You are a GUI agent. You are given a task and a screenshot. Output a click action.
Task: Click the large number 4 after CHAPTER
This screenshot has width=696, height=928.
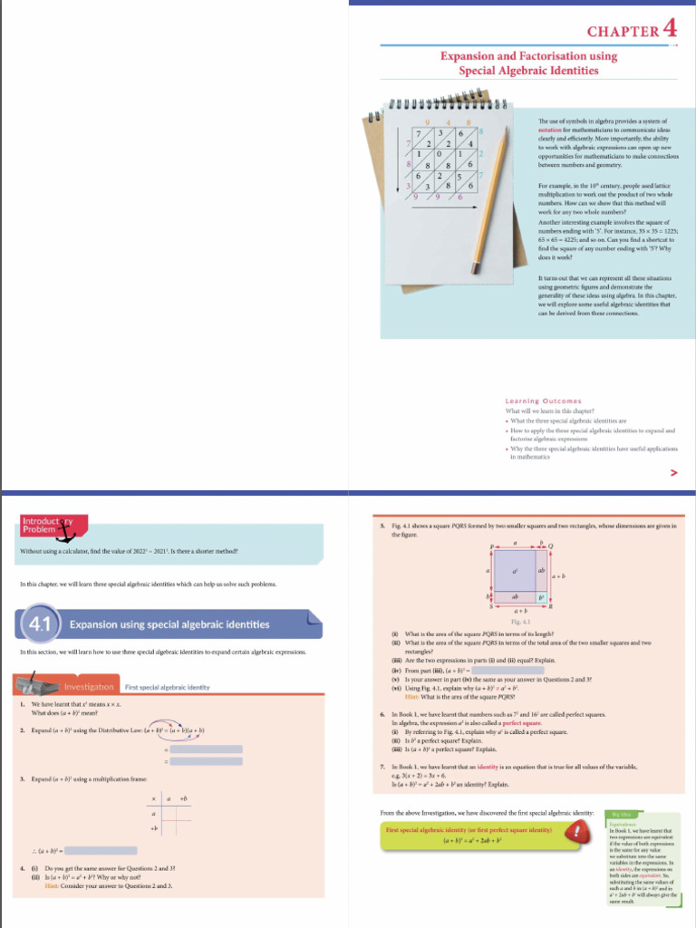tap(670, 28)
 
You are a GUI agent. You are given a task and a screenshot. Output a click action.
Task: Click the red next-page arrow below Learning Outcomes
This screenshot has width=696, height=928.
tap(673, 472)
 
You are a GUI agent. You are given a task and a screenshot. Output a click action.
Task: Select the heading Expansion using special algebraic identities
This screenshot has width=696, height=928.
tap(169, 624)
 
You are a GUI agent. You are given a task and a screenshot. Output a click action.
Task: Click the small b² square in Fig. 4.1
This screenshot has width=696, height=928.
tap(544, 598)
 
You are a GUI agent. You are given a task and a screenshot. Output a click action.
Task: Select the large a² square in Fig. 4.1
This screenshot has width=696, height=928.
tap(516, 570)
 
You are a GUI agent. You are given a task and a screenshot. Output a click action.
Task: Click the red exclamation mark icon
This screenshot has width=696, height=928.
tap(571, 835)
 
